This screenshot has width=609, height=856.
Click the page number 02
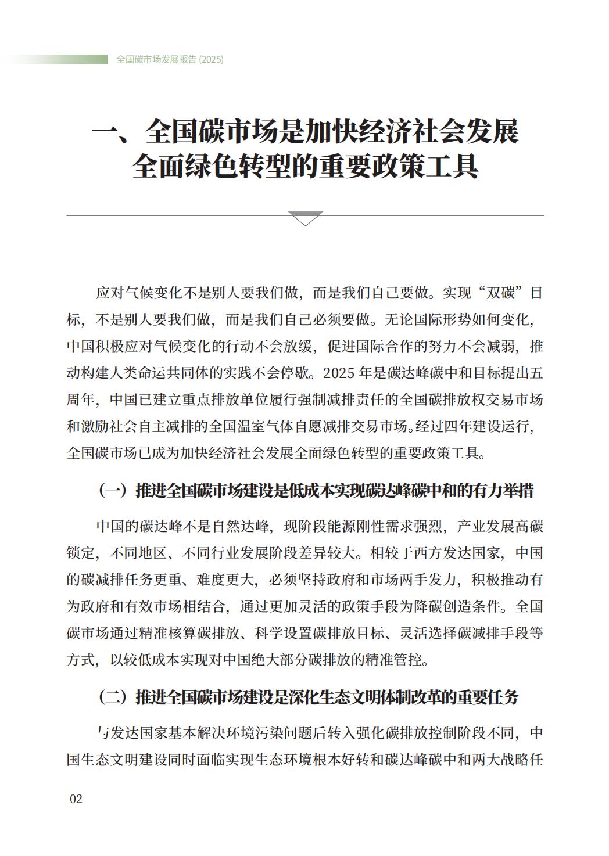[x=76, y=799]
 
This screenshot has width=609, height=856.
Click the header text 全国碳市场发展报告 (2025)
[x=170, y=59]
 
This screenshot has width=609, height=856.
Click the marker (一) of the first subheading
[x=112, y=491]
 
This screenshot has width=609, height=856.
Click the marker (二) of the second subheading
[x=112, y=697]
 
